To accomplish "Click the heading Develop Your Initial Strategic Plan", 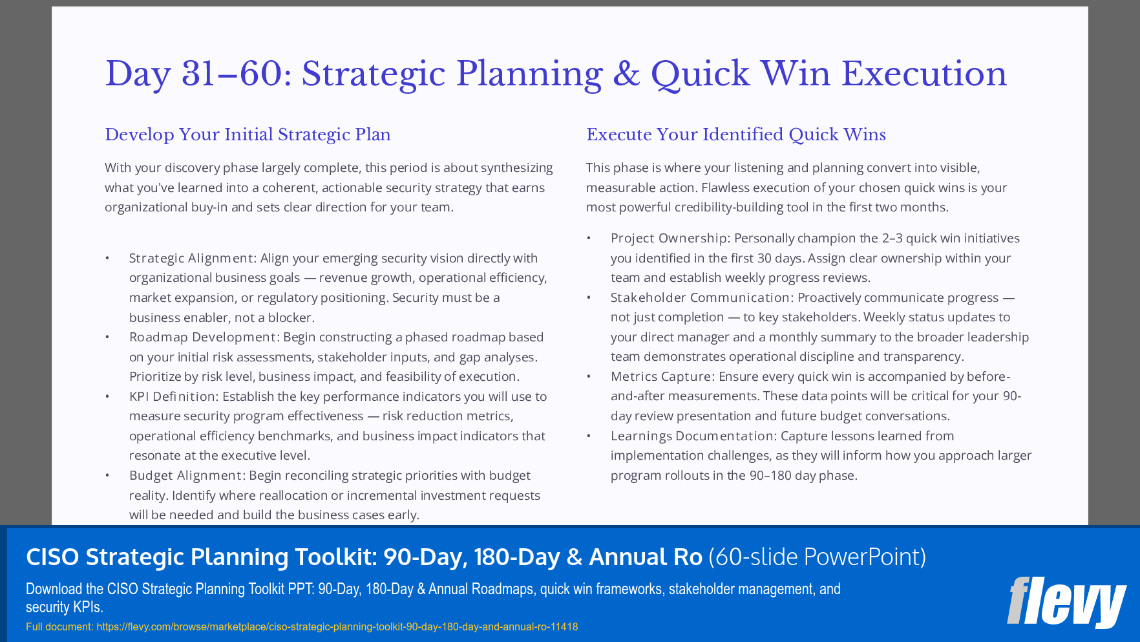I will pyautogui.click(x=248, y=134).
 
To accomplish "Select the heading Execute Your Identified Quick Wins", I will pyautogui.click(x=735, y=134).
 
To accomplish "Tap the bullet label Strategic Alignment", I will pyautogui.click(x=191, y=258).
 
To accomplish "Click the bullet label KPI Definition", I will pyautogui.click(x=173, y=396).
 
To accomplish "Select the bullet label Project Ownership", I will pyautogui.click(x=669, y=238).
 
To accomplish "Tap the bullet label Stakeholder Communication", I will pyautogui.click(x=701, y=297).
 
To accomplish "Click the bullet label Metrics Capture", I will pyautogui.click(x=660, y=376).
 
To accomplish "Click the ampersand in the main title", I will pyautogui.click(x=626, y=74).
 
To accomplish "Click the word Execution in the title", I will pyautogui.click(x=924, y=74).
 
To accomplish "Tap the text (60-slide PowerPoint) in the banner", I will pyautogui.click(x=817, y=557).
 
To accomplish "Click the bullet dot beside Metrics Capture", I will pyautogui.click(x=589, y=376).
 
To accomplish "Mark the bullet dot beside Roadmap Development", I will pyautogui.click(x=107, y=337).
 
